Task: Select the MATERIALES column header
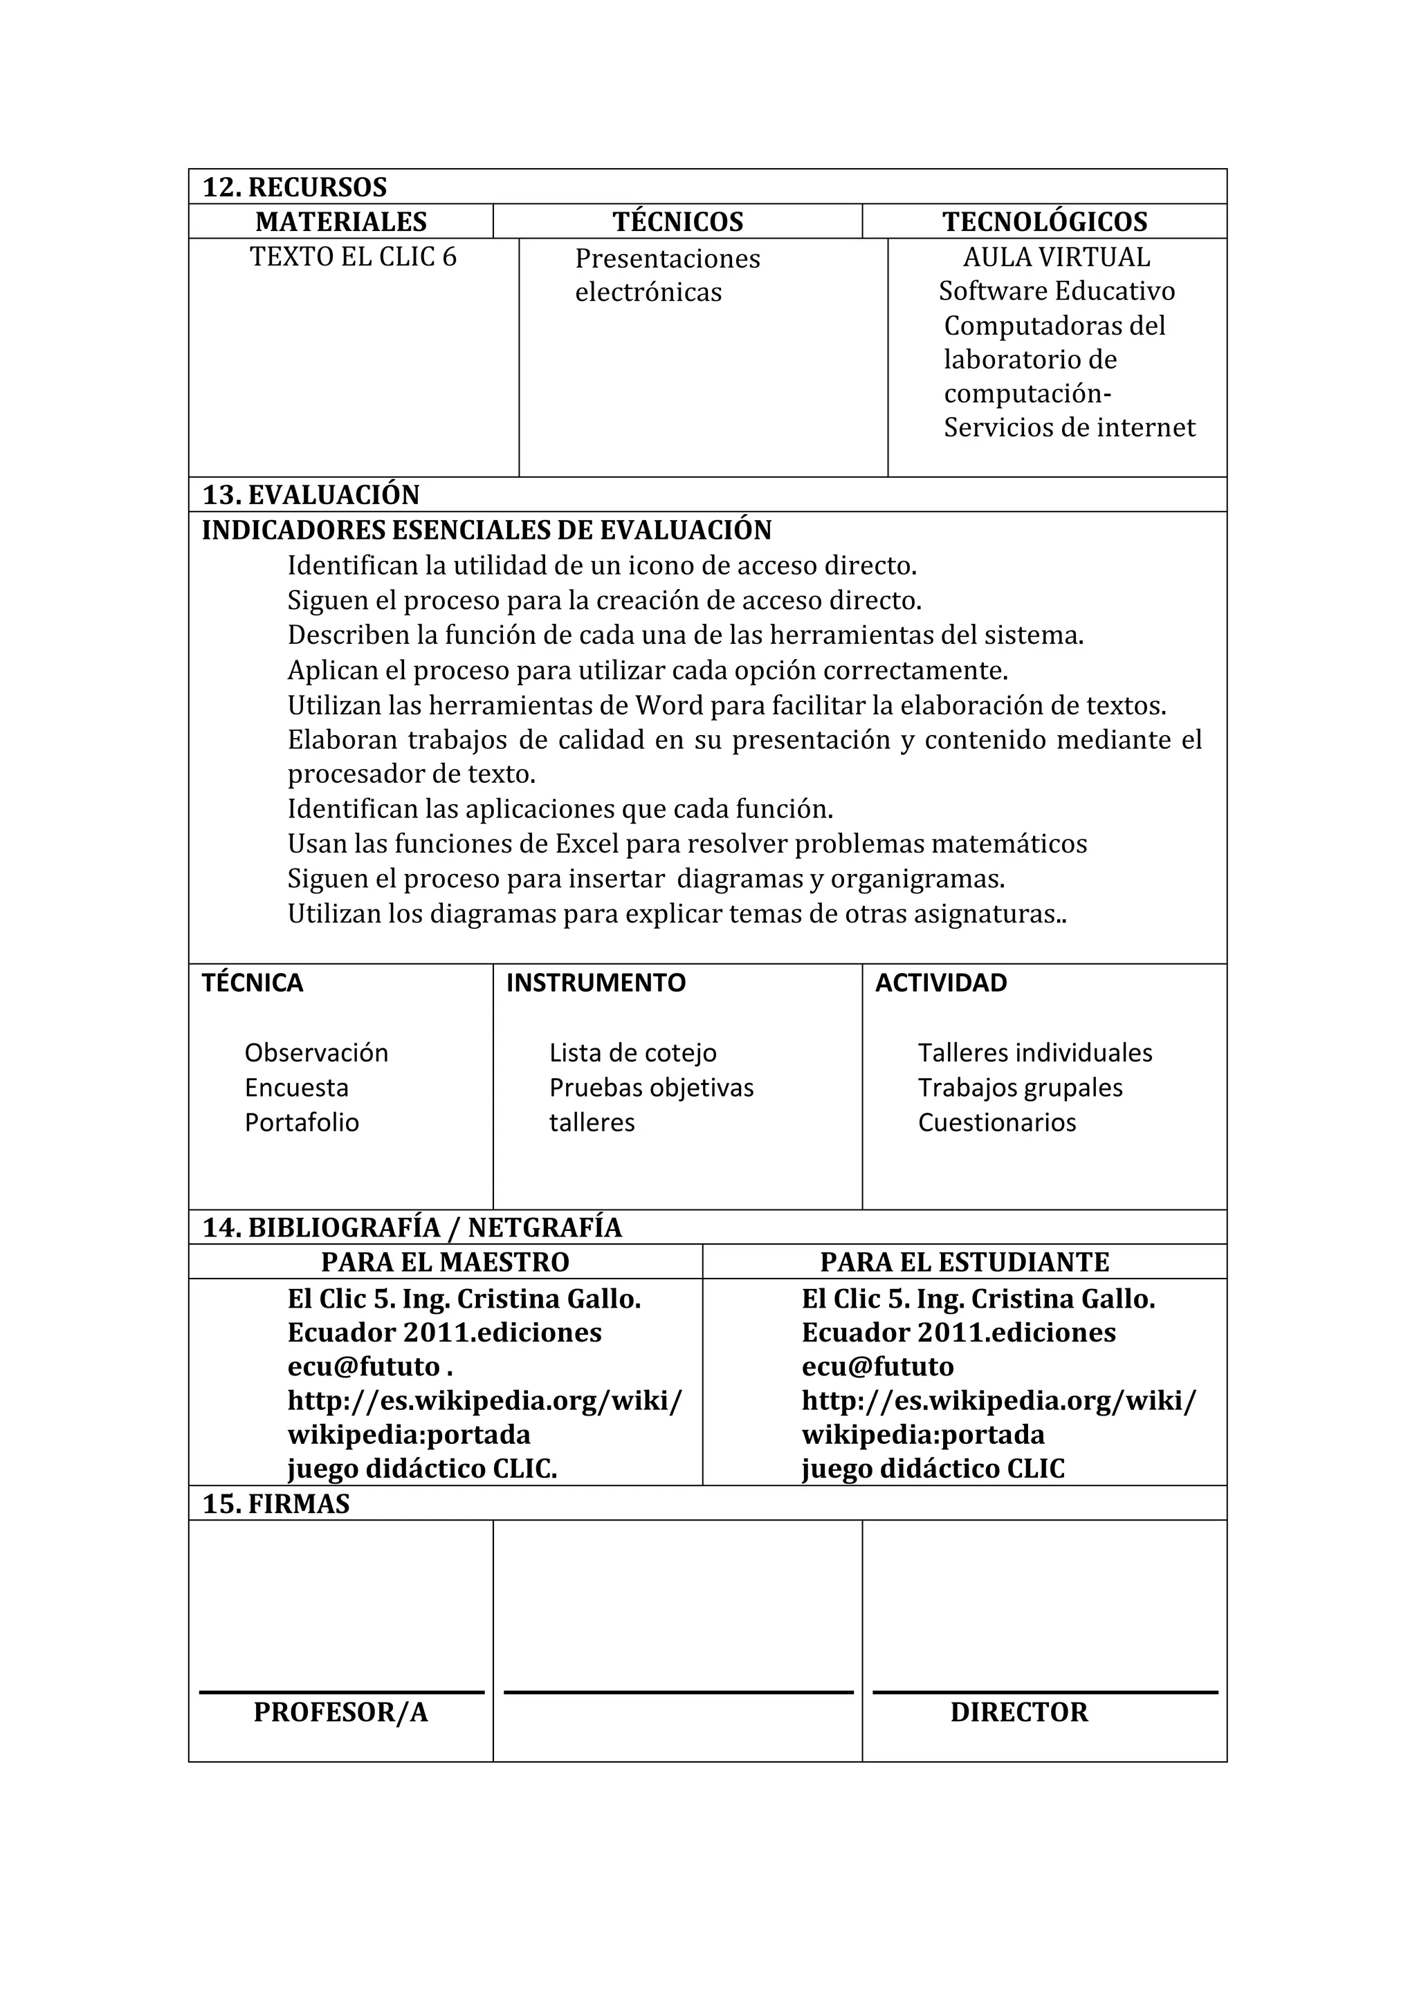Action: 340,222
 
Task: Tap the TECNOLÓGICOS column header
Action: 1044,222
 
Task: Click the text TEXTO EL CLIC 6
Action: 353,257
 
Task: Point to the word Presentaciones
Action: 667,259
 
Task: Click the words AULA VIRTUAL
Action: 1057,257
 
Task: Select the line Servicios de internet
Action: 1069,427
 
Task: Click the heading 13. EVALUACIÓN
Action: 311,495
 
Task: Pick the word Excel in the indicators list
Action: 587,844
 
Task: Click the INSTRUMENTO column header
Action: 596,983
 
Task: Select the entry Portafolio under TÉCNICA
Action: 301,1122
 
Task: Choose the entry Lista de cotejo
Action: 632,1052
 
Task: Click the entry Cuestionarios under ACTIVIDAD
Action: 996,1122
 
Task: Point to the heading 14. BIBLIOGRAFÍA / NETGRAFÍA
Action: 412,1228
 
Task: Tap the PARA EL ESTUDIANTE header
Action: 964,1262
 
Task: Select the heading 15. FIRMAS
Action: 276,1504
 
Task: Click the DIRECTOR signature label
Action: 1019,1712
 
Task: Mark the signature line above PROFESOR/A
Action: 340,1692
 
